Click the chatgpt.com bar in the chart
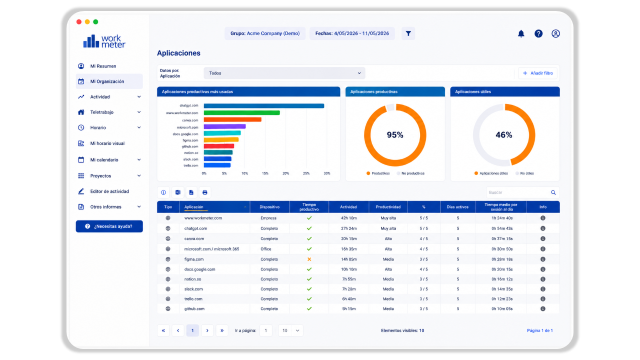[263, 105]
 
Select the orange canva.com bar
[232, 119]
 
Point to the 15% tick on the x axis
[265, 173]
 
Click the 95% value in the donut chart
[395, 135]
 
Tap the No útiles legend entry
[524, 173]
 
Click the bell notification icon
[521, 33]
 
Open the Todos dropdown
[284, 73]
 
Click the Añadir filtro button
[537, 73]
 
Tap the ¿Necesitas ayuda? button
[109, 226]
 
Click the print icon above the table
[205, 192]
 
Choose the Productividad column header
[388, 207]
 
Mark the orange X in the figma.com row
[309, 259]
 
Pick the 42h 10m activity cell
[349, 218]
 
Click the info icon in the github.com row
[543, 308]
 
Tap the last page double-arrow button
[222, 330]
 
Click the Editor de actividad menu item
[109, 191]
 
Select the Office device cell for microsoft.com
[265, 249]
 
